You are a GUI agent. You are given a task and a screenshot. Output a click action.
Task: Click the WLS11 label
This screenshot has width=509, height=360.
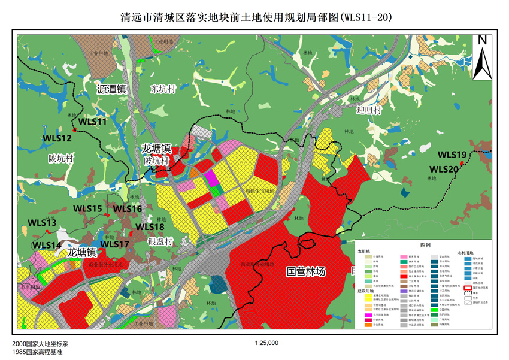(92, 121)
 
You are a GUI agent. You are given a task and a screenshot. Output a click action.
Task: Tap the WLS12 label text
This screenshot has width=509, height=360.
(57, 138)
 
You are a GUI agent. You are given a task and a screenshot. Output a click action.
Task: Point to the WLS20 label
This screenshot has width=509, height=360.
(444, 169)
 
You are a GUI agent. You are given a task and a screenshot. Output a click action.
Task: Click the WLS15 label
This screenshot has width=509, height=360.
(87, 208)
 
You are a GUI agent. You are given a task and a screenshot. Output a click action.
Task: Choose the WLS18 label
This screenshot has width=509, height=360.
(150, 227)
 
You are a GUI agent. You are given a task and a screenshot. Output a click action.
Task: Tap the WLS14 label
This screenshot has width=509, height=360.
(47, 246)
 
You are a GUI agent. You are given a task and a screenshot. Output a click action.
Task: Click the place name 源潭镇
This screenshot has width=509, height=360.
(111, 89)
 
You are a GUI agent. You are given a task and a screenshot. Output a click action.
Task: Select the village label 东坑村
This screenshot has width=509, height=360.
(162, 89)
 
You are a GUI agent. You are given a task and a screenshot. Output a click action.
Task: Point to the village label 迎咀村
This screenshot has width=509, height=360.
(369, 110)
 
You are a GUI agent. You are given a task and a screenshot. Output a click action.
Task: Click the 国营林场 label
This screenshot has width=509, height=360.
(305, 271)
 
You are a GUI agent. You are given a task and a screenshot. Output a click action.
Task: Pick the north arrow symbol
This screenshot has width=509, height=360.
(481, 57)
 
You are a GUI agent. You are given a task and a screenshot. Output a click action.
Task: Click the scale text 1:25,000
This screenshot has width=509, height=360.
(266, 343)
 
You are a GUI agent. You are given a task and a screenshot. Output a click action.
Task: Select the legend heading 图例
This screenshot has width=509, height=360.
(426, 246)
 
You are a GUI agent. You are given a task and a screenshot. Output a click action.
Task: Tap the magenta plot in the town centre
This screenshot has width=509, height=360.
(210, 179)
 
